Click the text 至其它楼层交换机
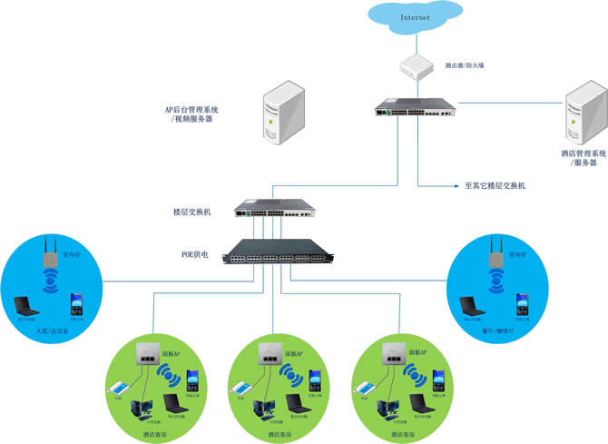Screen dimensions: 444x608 click(x=495, y=185)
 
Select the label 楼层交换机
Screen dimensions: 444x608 click(x=191, y=211)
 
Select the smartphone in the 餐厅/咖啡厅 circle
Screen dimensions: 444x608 click(x=523, y=304)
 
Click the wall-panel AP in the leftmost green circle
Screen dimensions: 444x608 click(x=143, y=356)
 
